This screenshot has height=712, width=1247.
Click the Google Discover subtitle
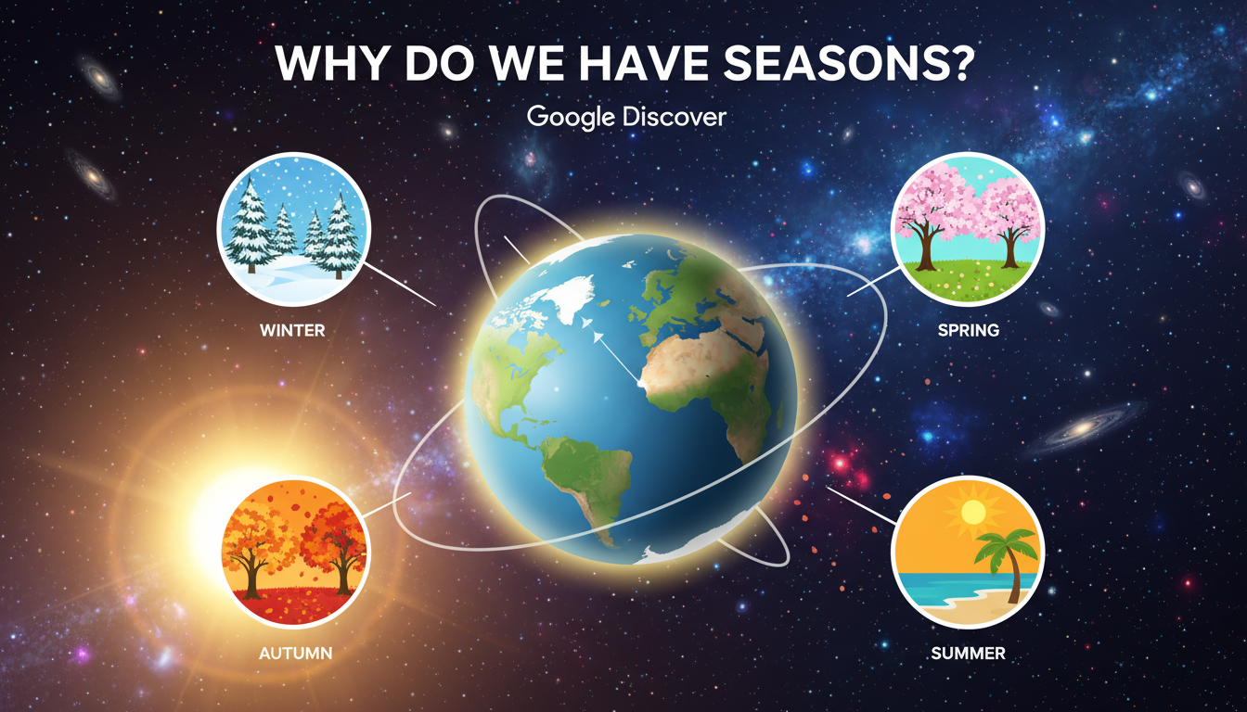coord(625,118)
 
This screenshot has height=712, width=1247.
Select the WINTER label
coord(292,329)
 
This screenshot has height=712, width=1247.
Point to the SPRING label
coord(967,329)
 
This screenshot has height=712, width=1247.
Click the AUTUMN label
coord(295,654)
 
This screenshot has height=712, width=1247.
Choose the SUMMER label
coord(968,654)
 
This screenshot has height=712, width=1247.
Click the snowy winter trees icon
coord(293,227)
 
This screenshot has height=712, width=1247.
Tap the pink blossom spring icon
coord(968,227)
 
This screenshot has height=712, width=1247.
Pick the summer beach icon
coord(968,553)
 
